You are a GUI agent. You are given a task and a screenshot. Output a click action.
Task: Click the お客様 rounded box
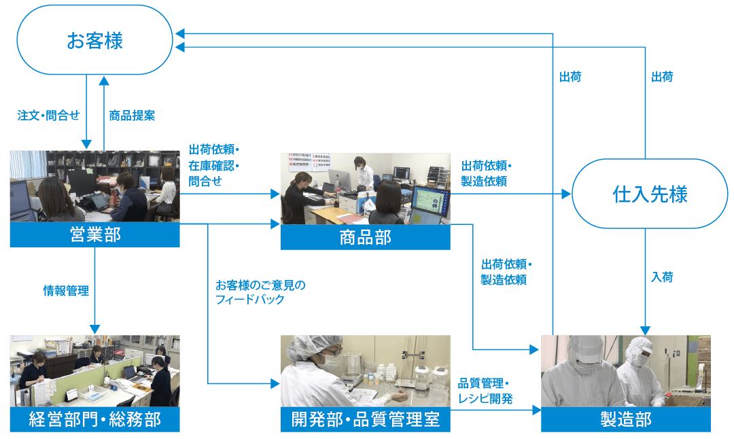pyautogui.click(x=94, y=40)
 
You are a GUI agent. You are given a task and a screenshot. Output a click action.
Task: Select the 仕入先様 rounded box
pyautogui.click(x=650, y=194)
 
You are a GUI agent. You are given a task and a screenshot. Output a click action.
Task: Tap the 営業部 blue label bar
pyautogui.click(x=94, y=235)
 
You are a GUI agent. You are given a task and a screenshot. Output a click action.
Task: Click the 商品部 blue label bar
pyautogui.click(x=366, y=237)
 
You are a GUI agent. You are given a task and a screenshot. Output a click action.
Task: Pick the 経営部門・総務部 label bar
pyautogui.click(x=94, y=419)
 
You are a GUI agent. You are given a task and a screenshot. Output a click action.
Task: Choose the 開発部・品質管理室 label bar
pyautogui.click(x=366, y=419)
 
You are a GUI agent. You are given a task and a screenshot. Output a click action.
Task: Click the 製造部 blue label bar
pyautogui.click(x=625, y=419)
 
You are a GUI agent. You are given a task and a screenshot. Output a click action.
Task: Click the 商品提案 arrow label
pyautogui.click(x=132, y=115)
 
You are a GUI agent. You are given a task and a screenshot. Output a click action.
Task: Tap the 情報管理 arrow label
pyautogui.click(x=65, y=291)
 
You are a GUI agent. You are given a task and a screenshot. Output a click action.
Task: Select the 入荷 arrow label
pyautogui.click(x=662, y=277)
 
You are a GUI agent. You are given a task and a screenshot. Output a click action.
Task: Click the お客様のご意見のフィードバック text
pyautogui.click(x=260, y=292)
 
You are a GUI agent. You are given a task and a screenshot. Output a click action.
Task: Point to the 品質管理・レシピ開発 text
pyautogui.click(x=485, y=391)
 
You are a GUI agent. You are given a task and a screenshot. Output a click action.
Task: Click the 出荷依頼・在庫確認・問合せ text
pyautogui.click(x=214, y=165)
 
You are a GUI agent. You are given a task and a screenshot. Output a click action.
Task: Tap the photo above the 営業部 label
pyautogui.click(x=94, y=186)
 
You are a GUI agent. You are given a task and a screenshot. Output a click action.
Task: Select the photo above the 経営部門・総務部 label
pyautogui.click(x=94, y=370)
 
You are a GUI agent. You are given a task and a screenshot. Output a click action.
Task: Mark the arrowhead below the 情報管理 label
pyautogui.click(x=94, y=329)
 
